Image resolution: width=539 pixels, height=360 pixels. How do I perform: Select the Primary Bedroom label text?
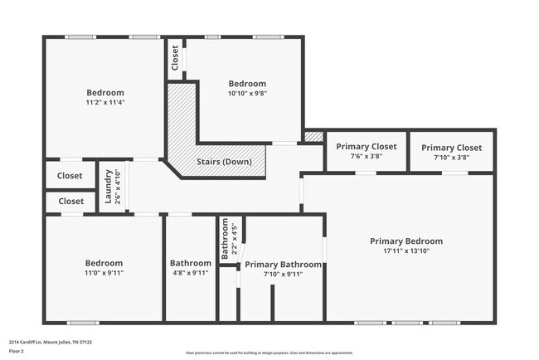(405, 241)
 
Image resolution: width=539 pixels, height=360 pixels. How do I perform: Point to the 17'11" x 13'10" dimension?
(405, 251)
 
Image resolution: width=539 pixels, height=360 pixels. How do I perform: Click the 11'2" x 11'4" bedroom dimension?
(105, 103)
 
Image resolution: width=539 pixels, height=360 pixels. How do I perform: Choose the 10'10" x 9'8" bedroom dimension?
(247, 94)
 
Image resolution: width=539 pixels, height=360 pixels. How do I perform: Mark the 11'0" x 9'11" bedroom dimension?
(104, 272)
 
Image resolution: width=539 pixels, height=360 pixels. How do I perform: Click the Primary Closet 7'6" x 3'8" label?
(366, 147)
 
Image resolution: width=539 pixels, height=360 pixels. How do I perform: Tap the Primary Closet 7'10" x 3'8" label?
(452, 147)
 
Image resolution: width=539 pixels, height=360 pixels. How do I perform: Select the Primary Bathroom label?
(283, 265)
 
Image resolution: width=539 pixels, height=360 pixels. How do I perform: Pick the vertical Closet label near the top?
(175, 57)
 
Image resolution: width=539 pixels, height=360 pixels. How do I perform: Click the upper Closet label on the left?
(70, 176)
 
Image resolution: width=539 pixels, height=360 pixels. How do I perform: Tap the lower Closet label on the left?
(70, 201)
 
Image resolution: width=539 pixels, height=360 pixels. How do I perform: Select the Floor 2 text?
(17, 351)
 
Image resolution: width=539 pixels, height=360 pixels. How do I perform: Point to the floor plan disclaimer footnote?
(269, 352)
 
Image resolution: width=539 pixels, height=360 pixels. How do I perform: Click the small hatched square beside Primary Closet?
(313, 136)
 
